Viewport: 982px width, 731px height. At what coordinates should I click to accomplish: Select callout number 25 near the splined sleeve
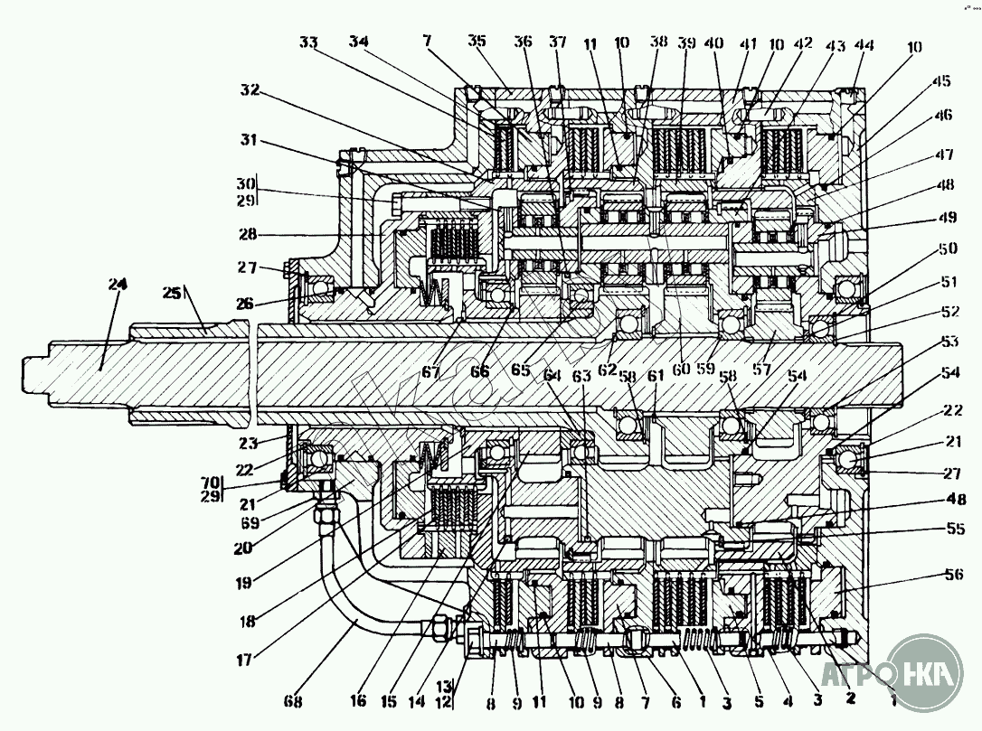[x=171, y=295]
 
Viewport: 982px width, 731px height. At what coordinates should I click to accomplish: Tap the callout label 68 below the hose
[x=293, y=700]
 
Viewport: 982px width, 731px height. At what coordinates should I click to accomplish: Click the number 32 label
[x=250, y=90]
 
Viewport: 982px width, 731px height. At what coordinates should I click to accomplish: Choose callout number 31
[x=250, y=140]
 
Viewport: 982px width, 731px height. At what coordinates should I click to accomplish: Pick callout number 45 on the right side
[x=941, y=81]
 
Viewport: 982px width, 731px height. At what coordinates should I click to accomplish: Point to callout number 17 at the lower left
[x=244, y=661]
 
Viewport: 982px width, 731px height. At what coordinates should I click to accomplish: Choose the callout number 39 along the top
[x=687, y=44]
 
